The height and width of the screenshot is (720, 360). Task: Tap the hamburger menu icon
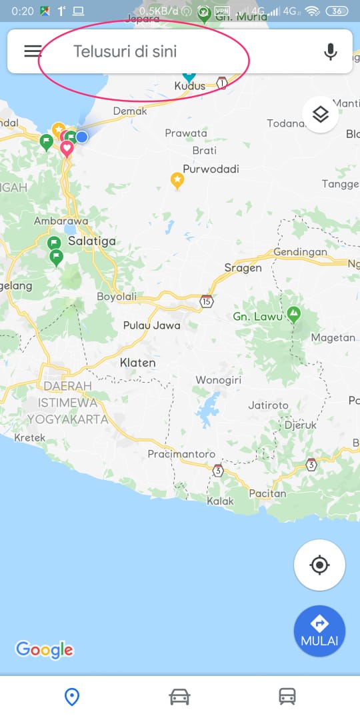coord(33,51)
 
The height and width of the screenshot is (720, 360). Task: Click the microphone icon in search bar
coord(330,51)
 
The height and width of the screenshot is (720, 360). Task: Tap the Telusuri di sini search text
coord(125,51)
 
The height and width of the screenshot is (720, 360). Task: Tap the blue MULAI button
coord(320,631)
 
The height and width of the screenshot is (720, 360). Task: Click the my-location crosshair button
coord(320,565)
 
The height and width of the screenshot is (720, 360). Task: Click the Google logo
coord(44,649)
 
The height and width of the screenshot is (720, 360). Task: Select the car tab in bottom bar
coord(179,697)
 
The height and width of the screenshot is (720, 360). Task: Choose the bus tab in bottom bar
coord(287,697)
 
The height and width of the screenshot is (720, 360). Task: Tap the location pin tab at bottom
coord(71,697)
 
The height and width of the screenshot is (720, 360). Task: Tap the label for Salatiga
coord(92,241)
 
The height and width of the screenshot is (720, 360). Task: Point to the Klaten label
coord(137,363)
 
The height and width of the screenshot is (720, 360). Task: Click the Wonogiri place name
coord(218,380)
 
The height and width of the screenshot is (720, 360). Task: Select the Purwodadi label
coord(211,169)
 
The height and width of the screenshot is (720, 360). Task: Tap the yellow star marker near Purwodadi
coord(177,179)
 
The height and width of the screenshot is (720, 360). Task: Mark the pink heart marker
coord(67,148)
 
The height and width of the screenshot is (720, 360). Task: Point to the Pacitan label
coord(267,494)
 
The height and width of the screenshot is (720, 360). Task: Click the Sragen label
coord(243,268)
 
